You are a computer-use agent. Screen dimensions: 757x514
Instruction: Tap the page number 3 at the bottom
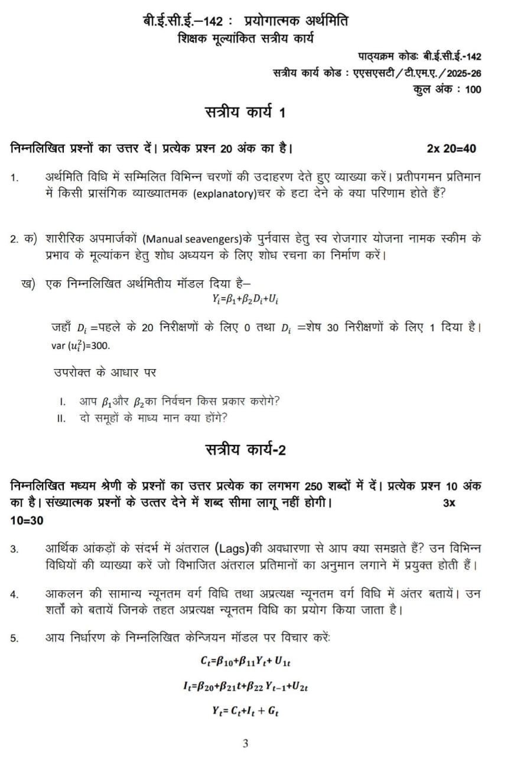[246, 743]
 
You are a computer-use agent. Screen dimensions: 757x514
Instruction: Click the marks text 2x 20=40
[451, 148]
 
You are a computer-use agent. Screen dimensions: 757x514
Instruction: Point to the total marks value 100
[473, 90]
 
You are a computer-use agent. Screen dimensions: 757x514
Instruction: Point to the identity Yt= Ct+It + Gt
[245, 712]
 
